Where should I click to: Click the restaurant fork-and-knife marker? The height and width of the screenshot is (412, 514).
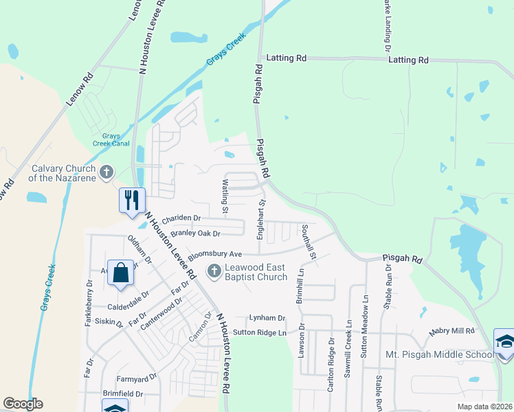tap(132, 200)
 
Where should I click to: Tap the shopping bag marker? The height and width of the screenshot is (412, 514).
tap(121, 273)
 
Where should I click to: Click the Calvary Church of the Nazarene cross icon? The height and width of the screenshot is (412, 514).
tap(106, 172)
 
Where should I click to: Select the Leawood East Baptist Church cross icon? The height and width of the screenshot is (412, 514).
tap(214, 271)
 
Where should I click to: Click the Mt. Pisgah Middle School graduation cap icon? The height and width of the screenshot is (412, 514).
tap(504, 342)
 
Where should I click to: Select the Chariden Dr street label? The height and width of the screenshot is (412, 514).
tap(181, 218)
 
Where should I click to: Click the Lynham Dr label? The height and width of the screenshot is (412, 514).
tap(267, 318)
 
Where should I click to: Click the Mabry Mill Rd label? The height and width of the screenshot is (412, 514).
tap(451, 331)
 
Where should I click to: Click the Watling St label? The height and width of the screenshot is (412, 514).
tap(225, 193)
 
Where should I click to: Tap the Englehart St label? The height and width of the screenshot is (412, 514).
tap(261, 219)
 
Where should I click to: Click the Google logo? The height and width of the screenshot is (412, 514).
tap(23, 404)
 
